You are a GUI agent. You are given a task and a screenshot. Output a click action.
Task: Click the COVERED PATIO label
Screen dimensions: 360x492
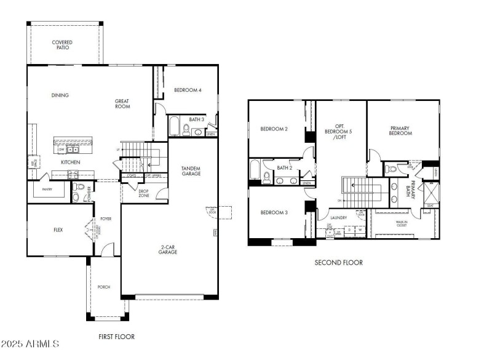click(x=62, y=46)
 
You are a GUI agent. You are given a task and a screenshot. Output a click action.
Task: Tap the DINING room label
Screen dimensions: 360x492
click(x=60, y=95)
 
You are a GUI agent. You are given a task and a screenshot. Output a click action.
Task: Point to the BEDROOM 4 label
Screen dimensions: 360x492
click(x=188, y=90)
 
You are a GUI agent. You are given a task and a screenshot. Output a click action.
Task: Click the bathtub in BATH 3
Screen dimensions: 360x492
click(x=174, y=127)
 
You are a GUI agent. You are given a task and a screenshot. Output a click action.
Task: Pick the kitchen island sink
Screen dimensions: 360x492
click(x=73, y=149)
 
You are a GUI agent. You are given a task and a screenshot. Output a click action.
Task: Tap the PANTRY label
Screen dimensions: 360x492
click(x=47, y=190)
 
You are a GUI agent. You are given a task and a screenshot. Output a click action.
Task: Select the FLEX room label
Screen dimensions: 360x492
click(x=58, y=230)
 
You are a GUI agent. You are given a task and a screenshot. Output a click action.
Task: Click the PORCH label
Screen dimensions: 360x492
click(x=103, y=287)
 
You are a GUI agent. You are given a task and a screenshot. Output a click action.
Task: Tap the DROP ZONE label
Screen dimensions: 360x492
click(x=143, y=193)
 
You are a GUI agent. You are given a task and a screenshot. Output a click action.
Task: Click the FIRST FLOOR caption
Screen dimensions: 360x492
click(x=117, y=337)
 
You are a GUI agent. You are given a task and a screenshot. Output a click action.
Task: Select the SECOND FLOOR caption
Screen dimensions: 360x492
click(x=338, y=263)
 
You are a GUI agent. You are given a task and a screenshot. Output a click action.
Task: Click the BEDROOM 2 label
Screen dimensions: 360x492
click(x=274, y=129)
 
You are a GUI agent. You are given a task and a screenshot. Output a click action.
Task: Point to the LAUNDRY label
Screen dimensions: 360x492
click(x=338, y=218)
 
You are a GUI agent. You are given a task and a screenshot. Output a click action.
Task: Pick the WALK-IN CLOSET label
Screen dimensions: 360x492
click(x=402, y=223)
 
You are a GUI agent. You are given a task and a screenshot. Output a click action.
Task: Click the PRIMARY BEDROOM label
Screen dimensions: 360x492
click(x=400, y=130)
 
